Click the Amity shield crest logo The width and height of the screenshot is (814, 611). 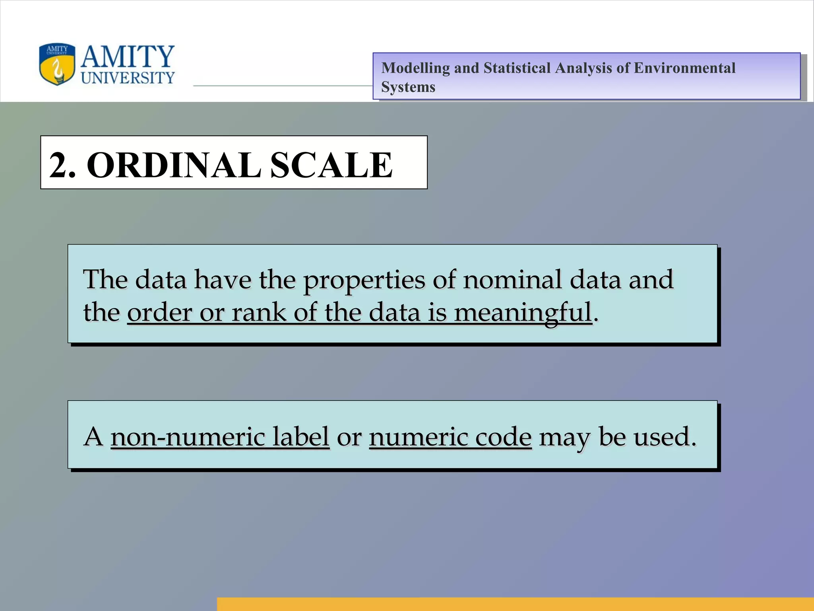(57, 64)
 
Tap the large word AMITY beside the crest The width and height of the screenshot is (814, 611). (128, 57)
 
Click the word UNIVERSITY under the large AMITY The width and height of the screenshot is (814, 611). (128, 78)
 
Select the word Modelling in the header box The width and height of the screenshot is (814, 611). (415, 68)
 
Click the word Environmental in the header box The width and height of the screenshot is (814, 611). (684, 68)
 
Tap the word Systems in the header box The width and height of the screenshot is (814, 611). (408, 87)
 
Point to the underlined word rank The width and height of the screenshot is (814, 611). (259, 312)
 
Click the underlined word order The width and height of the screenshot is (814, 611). (159, 312)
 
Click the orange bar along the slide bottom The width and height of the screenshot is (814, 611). (515, 604)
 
